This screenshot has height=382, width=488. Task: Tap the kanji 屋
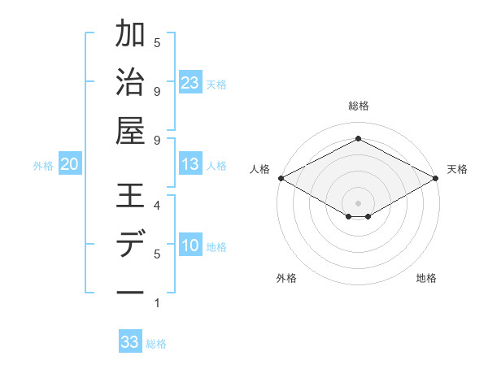point(130,131)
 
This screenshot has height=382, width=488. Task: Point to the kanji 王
point(130,198)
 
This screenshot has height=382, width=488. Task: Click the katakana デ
point(130,245)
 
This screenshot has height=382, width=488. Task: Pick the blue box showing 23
point(190,83)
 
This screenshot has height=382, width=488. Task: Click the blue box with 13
point(190,165)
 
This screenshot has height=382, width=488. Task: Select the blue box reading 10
point(190,246)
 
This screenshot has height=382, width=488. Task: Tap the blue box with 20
point(69,165)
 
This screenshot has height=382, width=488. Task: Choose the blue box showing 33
point(130,342)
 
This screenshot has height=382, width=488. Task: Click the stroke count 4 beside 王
point(157,205)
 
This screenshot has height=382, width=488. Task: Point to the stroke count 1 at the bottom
point(157,303)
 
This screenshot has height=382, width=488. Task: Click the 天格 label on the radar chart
point(457,169)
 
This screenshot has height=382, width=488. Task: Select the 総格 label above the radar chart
point(358,106)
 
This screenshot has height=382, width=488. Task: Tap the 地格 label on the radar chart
point(426,278)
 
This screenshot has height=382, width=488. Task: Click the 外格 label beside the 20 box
point(43,166)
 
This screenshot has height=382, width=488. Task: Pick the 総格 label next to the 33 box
point(156,344)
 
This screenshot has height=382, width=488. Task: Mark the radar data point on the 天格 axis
point(437,178)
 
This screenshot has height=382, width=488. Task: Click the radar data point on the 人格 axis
point(281,178)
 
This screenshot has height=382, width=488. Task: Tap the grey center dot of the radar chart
point(358,202)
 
